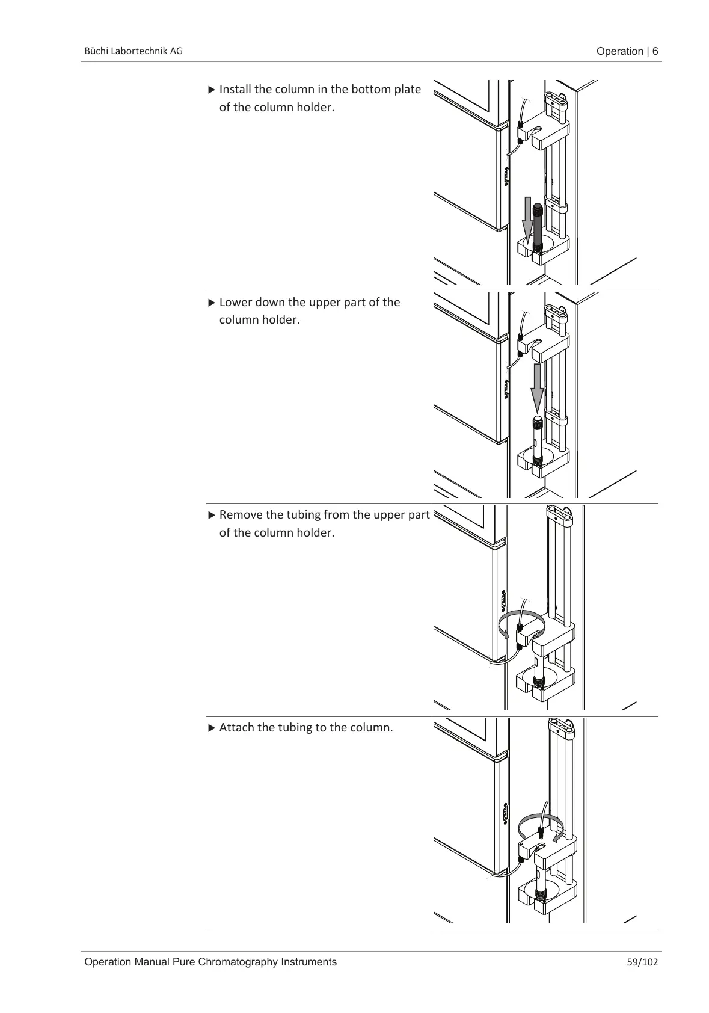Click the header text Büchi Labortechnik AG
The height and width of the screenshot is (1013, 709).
click(132, 51)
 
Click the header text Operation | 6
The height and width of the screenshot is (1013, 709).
click(627, 51)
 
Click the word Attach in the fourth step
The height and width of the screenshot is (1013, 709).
click(237, 728)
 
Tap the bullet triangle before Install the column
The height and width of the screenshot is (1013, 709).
click(211, 90)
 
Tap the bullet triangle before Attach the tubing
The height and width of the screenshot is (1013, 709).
click(211, 728)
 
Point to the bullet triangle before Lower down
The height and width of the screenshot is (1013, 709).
click(211, 303)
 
